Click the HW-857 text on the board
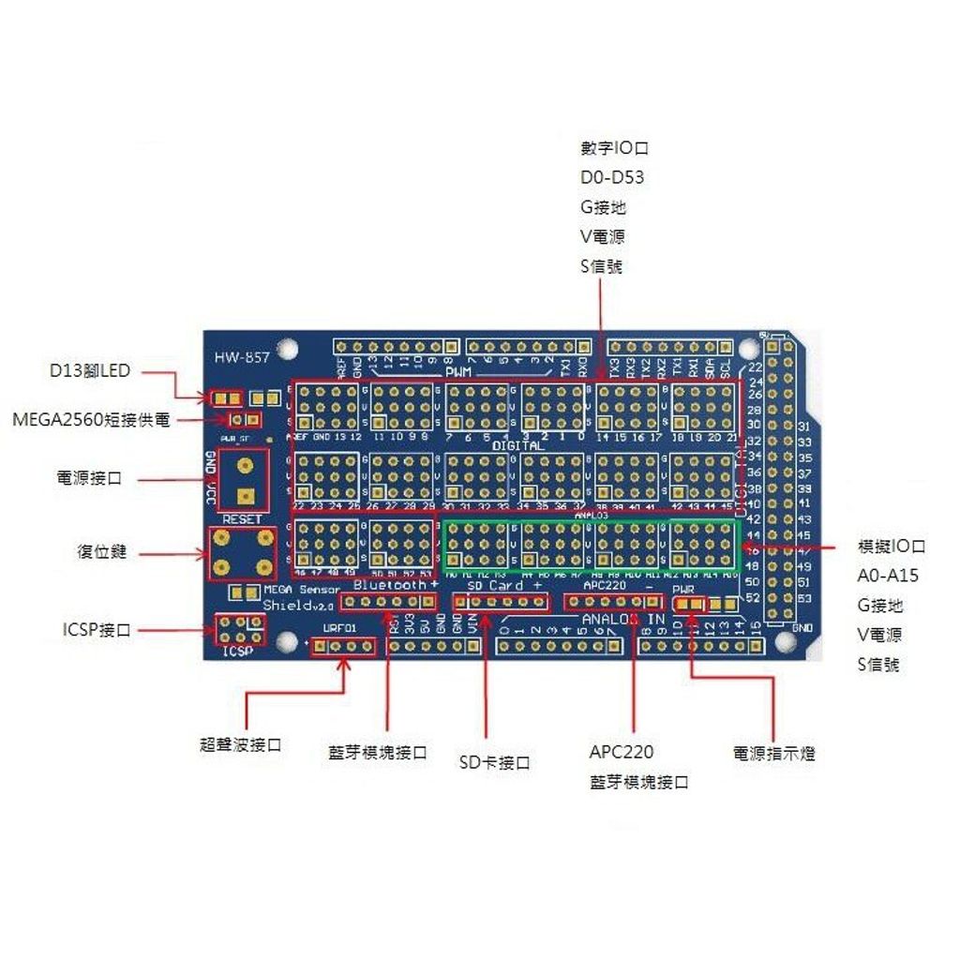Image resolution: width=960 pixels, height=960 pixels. coord(242,357)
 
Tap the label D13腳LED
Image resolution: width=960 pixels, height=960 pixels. coord(90,371)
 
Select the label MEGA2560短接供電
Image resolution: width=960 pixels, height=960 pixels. coord(92,420)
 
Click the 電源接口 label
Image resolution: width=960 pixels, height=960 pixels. coord(89,478)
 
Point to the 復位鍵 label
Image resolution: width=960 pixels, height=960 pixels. coord(101,553)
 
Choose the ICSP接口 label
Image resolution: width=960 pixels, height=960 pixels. coord(90,629)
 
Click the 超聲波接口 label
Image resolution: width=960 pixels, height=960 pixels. coord(241,744)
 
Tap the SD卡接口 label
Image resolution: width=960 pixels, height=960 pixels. coord(494,763)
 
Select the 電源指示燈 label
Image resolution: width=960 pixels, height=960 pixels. coord(773,753)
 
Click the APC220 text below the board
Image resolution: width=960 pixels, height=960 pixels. coord(622,752)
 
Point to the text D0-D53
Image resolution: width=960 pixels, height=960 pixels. coord(612,177)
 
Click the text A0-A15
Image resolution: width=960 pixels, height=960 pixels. coord(886,576)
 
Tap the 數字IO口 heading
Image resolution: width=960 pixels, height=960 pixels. coord(615,148)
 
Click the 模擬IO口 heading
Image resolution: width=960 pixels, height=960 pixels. coord(892,547)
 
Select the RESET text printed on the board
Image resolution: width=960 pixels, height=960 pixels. coord(242,519)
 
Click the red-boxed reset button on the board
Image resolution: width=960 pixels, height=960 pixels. coord(242,553)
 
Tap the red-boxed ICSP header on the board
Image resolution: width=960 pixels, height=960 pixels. coord(239,630)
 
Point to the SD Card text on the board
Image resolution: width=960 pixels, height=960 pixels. coord(494,585)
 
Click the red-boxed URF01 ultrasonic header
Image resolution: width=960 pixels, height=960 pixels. coord(343,646)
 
